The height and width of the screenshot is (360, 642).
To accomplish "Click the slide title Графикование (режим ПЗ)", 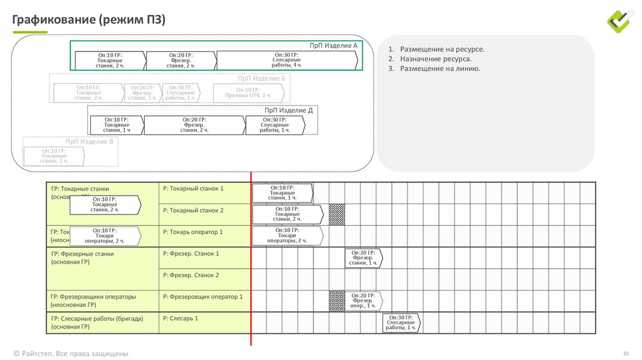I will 89,20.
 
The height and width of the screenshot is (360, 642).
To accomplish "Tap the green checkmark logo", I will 621,20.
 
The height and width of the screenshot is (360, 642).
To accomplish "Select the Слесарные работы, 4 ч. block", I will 287,60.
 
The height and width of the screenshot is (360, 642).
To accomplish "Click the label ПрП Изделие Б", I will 261,78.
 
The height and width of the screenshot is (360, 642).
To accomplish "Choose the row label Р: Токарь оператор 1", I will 192,232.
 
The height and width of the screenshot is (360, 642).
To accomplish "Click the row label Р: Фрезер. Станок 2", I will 191,275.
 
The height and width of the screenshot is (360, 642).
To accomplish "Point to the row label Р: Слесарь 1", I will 181,319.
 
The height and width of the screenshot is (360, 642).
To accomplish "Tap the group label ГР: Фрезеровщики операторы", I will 93,297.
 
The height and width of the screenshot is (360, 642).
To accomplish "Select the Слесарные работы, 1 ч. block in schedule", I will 401,323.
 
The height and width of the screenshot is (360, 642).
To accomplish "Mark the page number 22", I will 625,353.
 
